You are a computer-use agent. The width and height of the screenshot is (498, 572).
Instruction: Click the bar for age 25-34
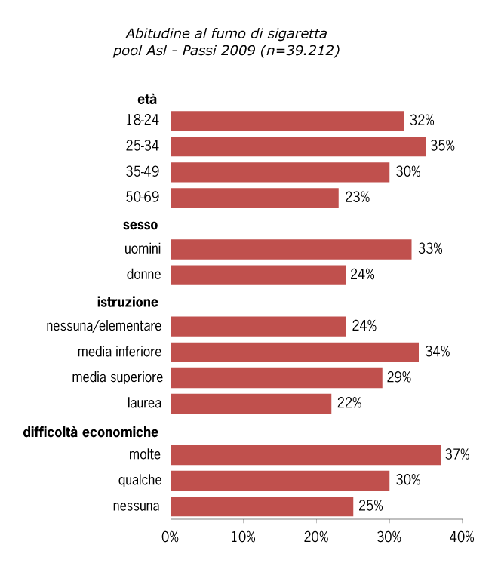click(x=298, y=146)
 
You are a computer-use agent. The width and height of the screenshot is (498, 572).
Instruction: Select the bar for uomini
click(x=290, y=249)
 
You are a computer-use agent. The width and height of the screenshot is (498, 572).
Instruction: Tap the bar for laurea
click(x=251, y=404)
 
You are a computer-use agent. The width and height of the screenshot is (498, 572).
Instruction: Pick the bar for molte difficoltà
click(x=305, y=455)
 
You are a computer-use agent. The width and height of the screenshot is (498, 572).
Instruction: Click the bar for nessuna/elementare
click(x=258, y=326)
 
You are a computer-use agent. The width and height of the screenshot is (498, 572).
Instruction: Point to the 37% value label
click(x=457, y=455)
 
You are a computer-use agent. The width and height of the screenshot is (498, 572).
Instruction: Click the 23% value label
click(x=357, y=198)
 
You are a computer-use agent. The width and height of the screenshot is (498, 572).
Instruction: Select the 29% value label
click(x=399, y=377)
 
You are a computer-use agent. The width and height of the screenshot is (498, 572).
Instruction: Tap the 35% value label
click(x=443, y=146)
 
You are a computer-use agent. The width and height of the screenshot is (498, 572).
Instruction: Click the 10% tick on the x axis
click(x=243, y=537)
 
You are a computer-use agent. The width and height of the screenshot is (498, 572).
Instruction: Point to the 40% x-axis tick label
click(x=461, y=537)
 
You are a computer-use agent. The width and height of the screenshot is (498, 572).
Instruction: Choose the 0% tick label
click(x=171, y=537)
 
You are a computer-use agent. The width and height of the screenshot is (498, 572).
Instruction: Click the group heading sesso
click(x=140, y=225)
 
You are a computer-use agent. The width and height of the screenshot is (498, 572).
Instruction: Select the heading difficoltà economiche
click(x=91, y=432)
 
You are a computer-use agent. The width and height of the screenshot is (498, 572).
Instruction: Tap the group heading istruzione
click(x=128, y=303)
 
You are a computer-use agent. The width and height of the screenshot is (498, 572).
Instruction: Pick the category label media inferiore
click(x=118, y=352)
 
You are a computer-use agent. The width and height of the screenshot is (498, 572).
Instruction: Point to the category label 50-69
click(x=143, y=198)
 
